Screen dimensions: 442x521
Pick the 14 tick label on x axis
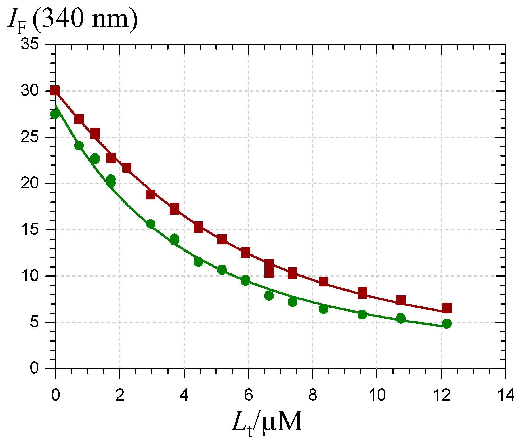click(x=505, y=395)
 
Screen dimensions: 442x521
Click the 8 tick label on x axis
click(x=312, y=395)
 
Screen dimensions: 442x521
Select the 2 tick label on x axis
click(x=119, y=395)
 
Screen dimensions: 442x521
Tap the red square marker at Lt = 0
click(x=55, y=91)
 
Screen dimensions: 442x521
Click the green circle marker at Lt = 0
click(x=55, y=114)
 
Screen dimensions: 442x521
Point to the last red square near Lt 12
click(x=446, y=308)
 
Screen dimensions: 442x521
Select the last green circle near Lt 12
click(x=446, y=324)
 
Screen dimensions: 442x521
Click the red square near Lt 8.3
click(x=323, y=281)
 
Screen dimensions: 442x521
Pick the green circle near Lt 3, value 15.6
click(x=151, y=224)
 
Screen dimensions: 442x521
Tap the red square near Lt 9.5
click(x=362, y=293)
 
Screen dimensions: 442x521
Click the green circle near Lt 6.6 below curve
click(x=269, y=296)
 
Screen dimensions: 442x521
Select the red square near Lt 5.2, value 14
click(x=222, y=239)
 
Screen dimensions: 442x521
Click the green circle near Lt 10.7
click(x=401, y=318)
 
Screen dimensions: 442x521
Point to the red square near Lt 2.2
click(x=127, y=168)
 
